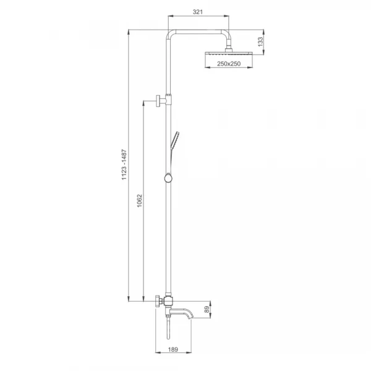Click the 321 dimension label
coord(198,12)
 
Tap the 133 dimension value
coord(260,41)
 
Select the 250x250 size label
coord(229,64)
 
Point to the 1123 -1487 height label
coord(124,164)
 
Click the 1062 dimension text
coord(140,200)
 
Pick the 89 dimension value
coord(207,309)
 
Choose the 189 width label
coord(173,349)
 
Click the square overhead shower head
coord(229,53)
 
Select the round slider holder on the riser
coord(168,178)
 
